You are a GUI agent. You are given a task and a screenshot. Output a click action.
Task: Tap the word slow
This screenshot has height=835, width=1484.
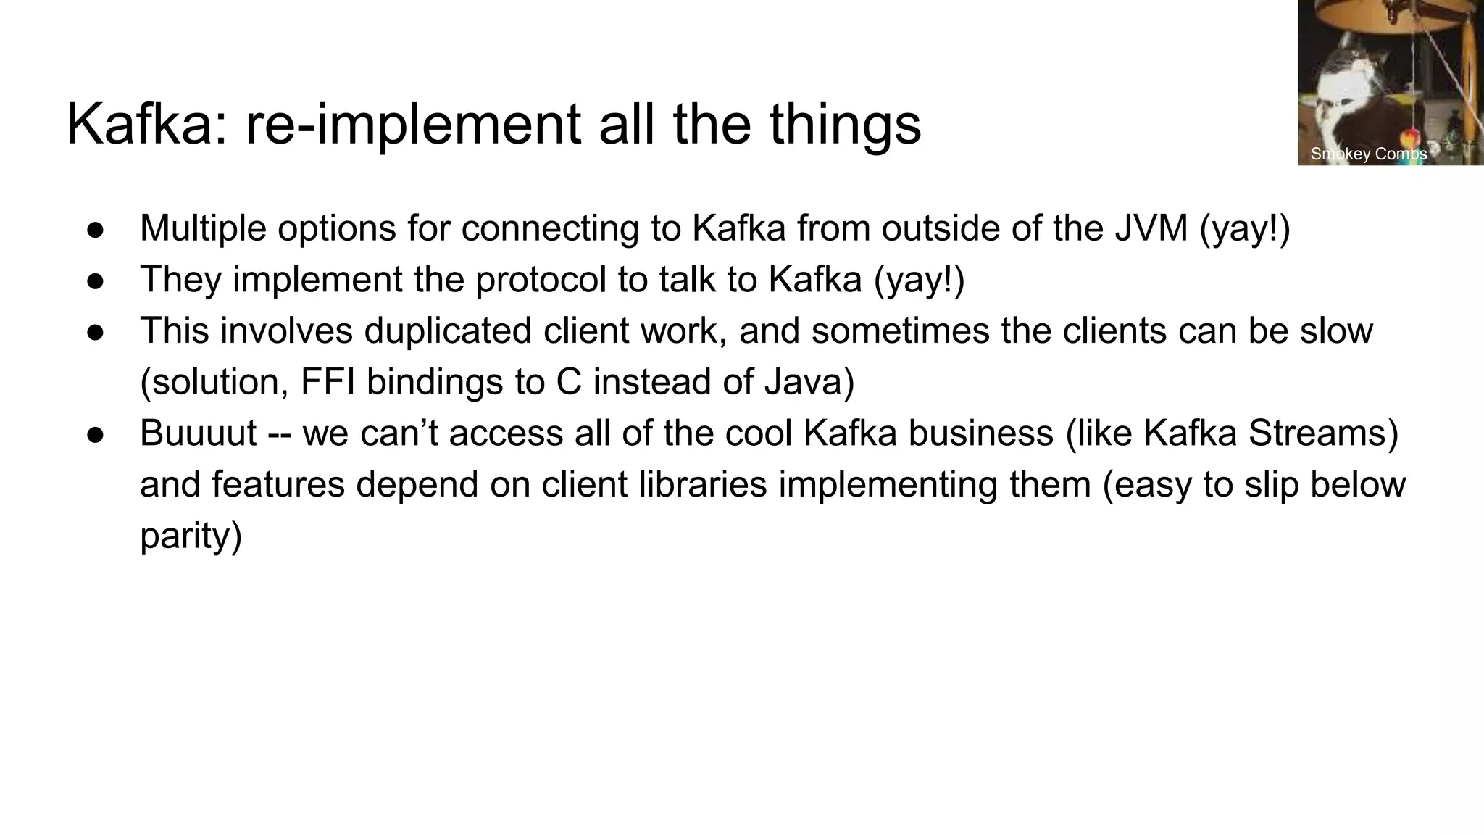[x=1336, y=331]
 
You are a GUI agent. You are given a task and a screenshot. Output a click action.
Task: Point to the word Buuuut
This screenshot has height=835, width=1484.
[x=198, y=433]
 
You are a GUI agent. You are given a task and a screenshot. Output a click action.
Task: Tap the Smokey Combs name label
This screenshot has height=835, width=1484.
[x=1369, y=154]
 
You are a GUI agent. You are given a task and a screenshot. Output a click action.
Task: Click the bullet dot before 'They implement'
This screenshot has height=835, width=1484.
[x=96, y=281]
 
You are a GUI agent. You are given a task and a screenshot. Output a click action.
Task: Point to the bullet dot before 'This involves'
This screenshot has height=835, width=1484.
[x=96, y=332]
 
